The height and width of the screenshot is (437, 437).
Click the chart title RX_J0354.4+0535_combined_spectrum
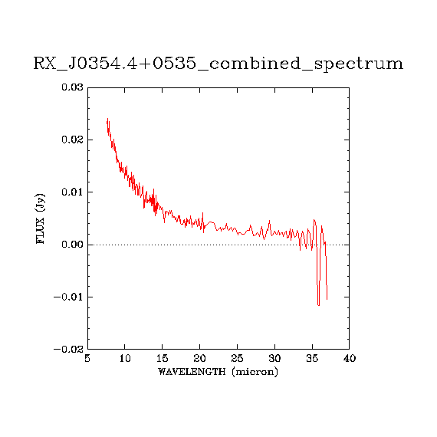(219, 64)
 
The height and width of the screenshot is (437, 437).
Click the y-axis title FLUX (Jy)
(40, 219)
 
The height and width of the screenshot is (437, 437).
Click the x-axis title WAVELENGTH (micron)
(218, 372)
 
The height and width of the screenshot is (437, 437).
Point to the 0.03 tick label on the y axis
(73, 87)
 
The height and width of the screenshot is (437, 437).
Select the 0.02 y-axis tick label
(73, 140)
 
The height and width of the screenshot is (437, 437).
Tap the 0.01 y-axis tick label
(73, 192)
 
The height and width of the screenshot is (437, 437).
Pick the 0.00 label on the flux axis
(73, 245)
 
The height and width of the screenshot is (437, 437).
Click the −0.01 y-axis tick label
(68, 297)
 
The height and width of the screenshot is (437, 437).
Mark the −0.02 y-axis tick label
(68, 349)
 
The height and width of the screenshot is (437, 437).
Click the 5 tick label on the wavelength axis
(87, 358)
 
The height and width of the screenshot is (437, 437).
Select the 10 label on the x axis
(125, 358)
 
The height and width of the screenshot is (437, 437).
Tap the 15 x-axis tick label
(163, 358)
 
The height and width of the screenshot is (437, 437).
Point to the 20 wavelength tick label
(200, 358)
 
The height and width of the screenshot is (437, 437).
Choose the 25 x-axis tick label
(237, 358)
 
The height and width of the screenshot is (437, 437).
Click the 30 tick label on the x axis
(274, 358)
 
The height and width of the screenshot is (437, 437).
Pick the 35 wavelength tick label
(312, 358)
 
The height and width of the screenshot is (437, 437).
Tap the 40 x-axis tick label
(350, 358)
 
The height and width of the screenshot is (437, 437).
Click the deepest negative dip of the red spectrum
(319, 305)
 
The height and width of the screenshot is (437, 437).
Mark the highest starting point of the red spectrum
(107, 118)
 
